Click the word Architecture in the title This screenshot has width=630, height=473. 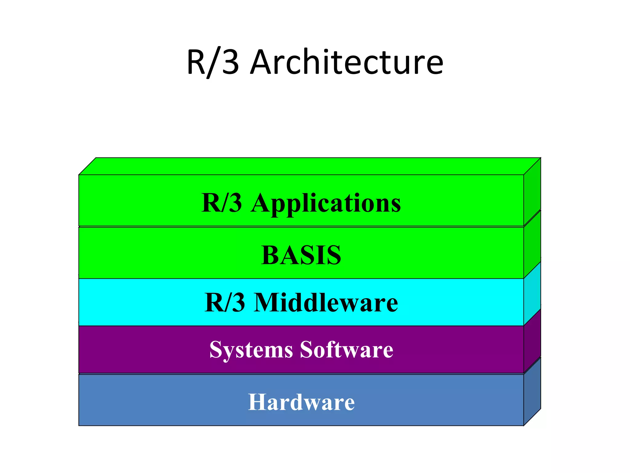[347, 63]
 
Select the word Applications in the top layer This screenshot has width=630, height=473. [326, 203]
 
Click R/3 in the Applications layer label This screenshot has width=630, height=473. [221, 203]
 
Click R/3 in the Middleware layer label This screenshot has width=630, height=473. [225, 302]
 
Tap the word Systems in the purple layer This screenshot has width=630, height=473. [251, 350]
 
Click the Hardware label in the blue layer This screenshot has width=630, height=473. [301, 402]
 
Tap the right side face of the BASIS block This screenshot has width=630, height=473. [532, 243]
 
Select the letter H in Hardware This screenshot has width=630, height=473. [257, 402]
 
